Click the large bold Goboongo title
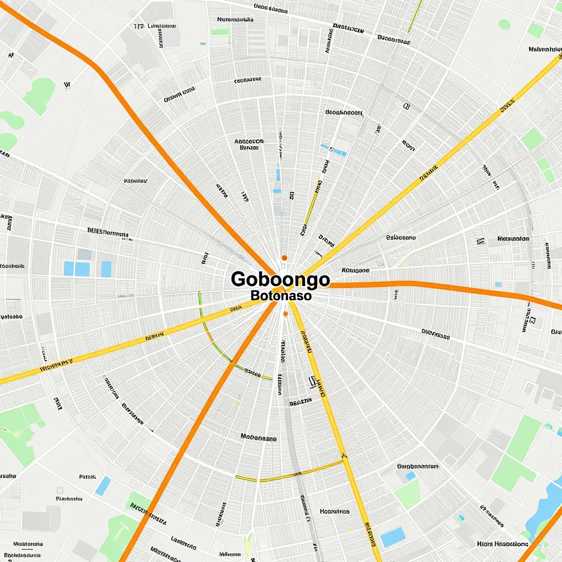tap(280, 279)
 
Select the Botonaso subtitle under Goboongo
tap(280, 295)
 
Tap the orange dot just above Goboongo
tap(284, 257)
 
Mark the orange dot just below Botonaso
tap(285, 314)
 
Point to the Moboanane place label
tap(258, 439)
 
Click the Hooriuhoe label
tap(334, 511)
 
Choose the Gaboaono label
tap(401, 238)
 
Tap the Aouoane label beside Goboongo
tap(356, 270)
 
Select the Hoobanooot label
tap(344, 113)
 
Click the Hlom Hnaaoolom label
tap(499, 544)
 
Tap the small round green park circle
tap(504, 24)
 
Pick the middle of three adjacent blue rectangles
tap(82, 269)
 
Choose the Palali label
tap(87, 477)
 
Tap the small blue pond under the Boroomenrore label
tap(411, 476)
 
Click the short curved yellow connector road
tap(291, 474)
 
